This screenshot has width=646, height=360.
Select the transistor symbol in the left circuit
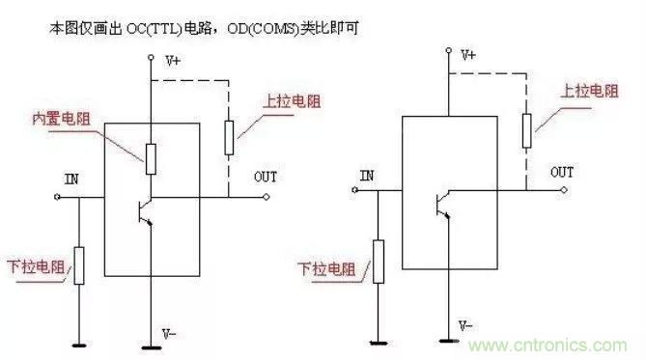coord(143,207)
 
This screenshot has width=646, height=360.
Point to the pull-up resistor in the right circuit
coord(525,130)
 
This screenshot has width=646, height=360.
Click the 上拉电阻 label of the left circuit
coord(286,99)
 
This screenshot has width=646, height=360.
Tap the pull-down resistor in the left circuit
coord(80,265)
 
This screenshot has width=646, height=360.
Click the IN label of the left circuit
coord(71,180)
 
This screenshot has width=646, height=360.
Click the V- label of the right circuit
coord(466,325)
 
